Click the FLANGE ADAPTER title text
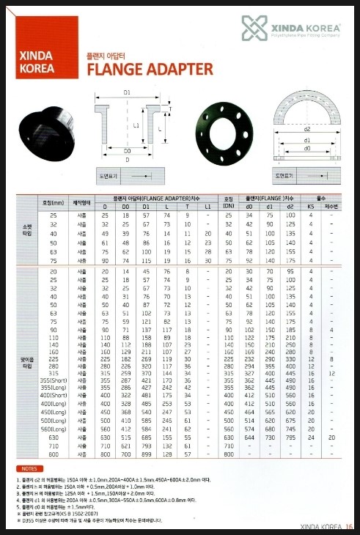point(150,70)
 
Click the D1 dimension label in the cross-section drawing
point(127,93)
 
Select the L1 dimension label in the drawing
point(136,125)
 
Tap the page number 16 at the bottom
point(350,525)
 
